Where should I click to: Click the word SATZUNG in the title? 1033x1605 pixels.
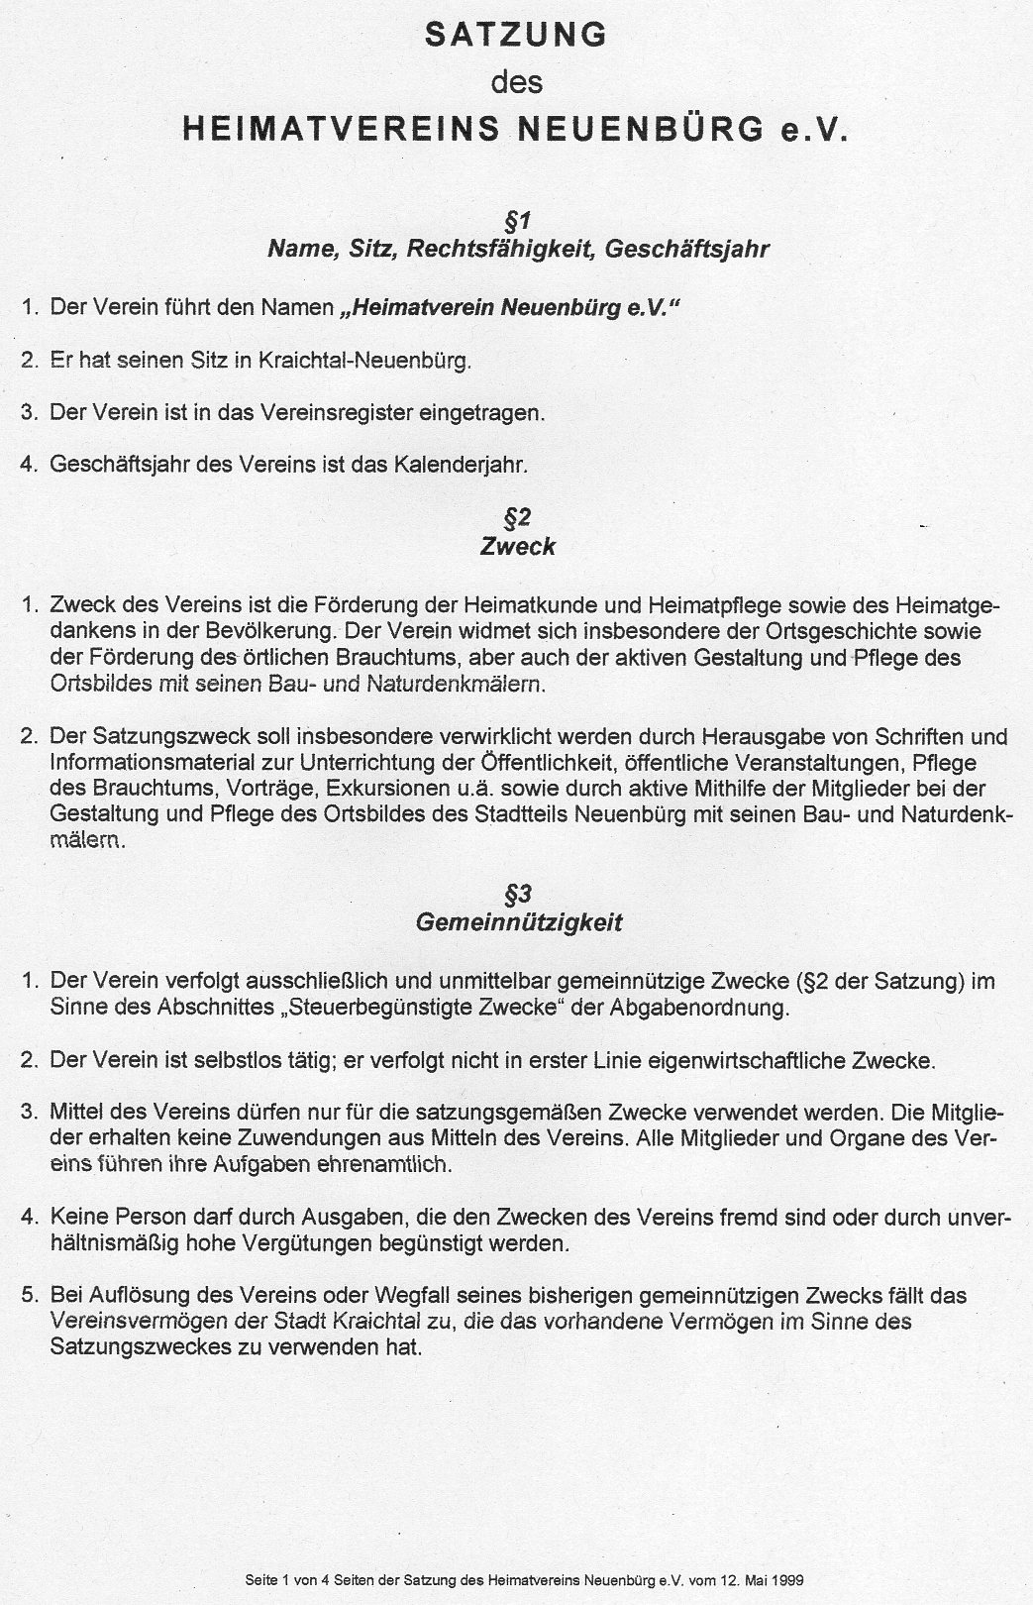(x=515, y=37)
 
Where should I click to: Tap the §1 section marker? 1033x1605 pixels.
(x=518, y=221)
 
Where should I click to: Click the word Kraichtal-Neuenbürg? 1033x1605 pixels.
(x=363, y=361)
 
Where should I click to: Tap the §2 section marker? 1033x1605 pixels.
(x=518, y=518)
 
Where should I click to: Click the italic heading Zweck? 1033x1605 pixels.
(x=518, y=547)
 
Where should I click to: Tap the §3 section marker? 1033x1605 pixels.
(x=518, y=895)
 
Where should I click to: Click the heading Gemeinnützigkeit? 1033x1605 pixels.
(x=518, y=923)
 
